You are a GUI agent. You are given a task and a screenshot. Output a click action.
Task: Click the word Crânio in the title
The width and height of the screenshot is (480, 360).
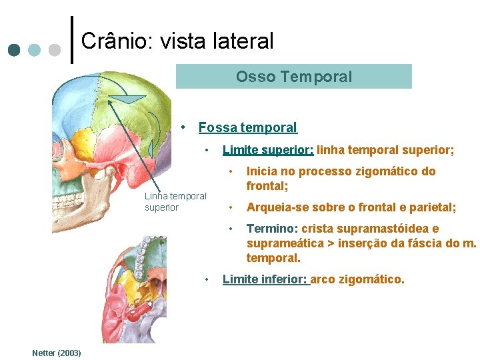(x=109, y=41)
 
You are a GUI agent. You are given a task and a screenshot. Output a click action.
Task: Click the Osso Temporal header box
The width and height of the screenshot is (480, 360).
(x=293, y=77)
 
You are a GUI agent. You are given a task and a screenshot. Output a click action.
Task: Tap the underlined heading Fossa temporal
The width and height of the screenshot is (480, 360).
(x=247, y=127)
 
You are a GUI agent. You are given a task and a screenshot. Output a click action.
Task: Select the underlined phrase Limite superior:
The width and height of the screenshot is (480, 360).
(x=268, y=151)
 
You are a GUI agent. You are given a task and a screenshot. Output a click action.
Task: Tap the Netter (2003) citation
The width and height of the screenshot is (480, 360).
(x=57, y=352)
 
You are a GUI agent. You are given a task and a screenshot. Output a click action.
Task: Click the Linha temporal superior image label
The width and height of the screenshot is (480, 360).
(x=175, y=201)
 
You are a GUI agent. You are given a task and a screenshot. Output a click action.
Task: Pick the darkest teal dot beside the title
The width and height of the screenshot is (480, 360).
(x=15, y=50)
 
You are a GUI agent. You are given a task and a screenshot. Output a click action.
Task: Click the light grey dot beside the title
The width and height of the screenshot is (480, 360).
(x=54, y=50)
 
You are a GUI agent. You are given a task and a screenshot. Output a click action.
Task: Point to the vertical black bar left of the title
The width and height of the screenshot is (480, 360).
(x=71, y=39)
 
